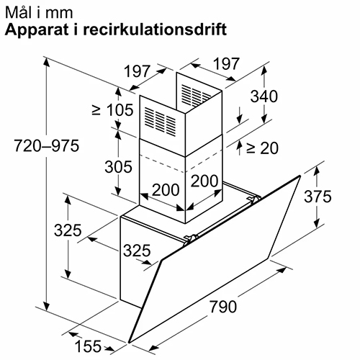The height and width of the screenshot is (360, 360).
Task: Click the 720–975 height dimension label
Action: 47,145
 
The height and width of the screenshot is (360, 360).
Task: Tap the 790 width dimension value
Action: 223,307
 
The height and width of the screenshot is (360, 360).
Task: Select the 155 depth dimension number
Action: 88,346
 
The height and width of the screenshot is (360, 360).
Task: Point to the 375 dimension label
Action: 318,197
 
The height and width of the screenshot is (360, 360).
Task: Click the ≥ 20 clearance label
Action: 262,148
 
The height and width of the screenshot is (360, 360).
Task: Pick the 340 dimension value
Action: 264,96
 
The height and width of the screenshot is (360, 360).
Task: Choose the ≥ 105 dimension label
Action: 112,110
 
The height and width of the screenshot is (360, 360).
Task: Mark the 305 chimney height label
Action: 118,166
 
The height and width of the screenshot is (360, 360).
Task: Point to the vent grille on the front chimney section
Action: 160,120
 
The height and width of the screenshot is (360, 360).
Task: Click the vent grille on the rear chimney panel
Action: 197,94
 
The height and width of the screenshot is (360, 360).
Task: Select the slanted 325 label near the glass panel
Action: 137,251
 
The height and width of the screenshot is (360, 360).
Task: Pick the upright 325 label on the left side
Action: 68,230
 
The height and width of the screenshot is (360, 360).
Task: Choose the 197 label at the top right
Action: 226,63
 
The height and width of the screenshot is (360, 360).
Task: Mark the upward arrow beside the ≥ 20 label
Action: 239,148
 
